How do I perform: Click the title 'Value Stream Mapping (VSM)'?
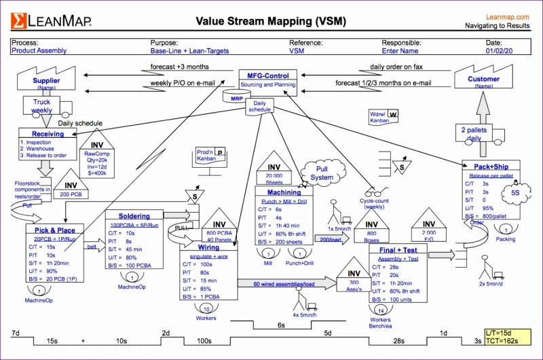(x=271, y=20)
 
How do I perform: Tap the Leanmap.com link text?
(x=508, y=16)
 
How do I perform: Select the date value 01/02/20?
(x=499, y=51)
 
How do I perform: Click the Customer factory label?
(x=483, y=79)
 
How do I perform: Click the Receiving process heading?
(x=48, y=134)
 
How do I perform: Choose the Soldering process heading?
(x=134, y=216)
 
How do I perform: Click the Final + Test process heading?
(x=398, y=250)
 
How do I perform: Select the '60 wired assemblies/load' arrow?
(x=285, y=284)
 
